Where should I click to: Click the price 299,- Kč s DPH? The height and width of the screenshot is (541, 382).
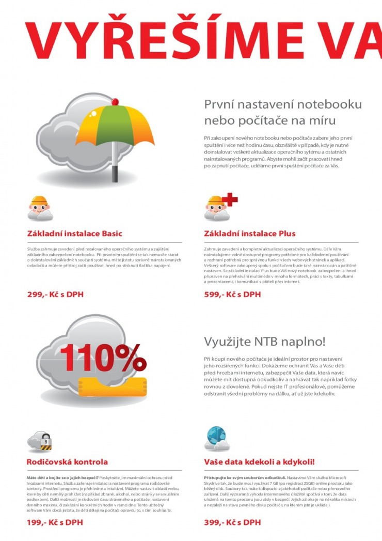[x=55, y=295]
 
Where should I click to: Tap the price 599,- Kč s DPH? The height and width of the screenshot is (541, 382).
[x=232, y=295]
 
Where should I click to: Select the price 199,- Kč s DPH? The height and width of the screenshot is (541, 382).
[x=55, y=522]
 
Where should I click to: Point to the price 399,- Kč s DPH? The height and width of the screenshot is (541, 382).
[x=232, y=522]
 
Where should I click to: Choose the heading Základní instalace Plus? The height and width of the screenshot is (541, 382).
[x=250, y=234]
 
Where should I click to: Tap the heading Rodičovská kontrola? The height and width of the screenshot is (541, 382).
[x=67, y=461]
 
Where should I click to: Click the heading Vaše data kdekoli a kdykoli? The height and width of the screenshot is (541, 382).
[x=259, y=461]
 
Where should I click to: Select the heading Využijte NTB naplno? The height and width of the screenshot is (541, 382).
[x=265, y=342]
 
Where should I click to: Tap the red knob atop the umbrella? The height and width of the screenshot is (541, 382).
[x=115, y=102]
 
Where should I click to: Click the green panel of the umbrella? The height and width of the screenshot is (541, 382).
[x=115, y=124]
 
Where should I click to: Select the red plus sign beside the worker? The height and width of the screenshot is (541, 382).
[x=230, y=199]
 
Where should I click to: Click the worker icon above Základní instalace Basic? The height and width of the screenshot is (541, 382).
[x=39, y=207]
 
